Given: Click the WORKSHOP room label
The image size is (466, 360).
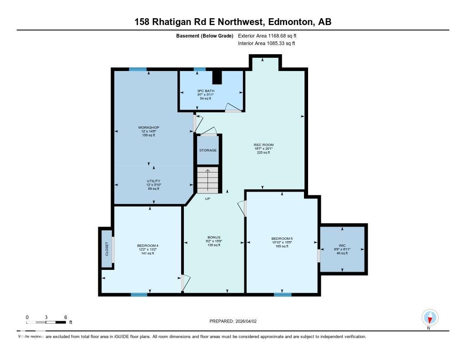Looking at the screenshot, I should point(148,127).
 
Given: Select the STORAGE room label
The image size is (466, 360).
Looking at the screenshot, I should point(208,150).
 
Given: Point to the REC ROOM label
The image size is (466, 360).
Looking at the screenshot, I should point(263,145).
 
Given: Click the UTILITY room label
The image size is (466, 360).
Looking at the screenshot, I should point(153,181).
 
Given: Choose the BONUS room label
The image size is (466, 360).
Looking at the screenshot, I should point(214,237).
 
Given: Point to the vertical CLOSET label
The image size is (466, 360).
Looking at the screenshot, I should point(107,248).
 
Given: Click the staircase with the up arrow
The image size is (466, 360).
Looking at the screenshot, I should point(208,180).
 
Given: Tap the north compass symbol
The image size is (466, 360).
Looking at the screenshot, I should point(430,318).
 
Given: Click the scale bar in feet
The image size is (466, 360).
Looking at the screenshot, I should point(46,323).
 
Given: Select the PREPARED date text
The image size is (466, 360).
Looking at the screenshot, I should point(236,321).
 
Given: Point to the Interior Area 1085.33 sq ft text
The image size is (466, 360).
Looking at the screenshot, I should point(267,44).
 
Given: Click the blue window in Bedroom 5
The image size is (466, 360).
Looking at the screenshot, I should point(283,294).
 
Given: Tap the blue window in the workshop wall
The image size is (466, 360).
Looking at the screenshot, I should point(137,69).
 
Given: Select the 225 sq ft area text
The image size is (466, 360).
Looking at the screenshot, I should point(263,153).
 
